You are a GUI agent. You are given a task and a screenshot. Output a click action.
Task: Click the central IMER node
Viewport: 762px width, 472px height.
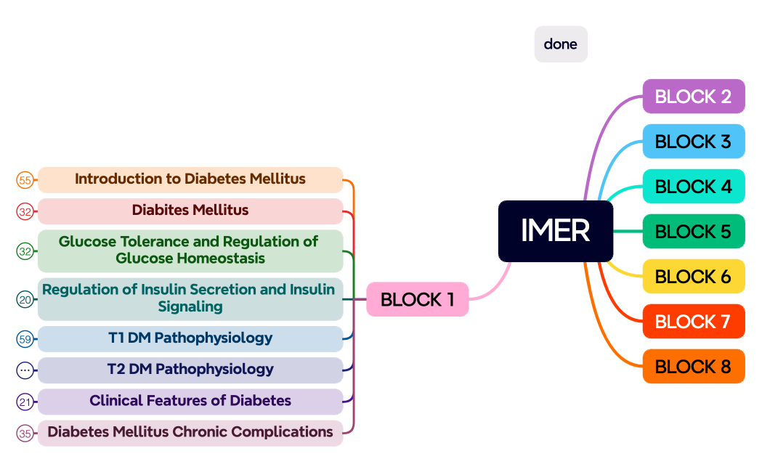556,231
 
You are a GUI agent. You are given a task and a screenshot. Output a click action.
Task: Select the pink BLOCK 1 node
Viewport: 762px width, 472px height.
417,299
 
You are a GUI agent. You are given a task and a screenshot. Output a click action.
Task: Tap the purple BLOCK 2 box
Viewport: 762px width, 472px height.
694,97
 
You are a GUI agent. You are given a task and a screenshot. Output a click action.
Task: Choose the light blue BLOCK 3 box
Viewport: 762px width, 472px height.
694,142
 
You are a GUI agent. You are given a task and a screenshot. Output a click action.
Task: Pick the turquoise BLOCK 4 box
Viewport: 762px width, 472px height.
694,187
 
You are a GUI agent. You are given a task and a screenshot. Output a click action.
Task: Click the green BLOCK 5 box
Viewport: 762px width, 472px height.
694,232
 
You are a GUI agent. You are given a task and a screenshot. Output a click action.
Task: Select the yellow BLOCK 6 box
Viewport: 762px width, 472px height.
694,277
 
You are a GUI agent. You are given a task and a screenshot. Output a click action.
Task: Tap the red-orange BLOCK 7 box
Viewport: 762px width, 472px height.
694,322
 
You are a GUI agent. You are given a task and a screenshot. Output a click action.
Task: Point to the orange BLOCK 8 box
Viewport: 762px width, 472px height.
694,367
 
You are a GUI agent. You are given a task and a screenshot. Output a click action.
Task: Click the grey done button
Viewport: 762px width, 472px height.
561,44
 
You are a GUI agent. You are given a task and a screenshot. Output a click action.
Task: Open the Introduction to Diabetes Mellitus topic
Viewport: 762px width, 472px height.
190,179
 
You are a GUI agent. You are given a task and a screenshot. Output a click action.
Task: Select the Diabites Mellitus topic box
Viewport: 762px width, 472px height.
190,211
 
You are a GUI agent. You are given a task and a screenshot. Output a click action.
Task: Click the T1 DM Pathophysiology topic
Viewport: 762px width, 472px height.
190,338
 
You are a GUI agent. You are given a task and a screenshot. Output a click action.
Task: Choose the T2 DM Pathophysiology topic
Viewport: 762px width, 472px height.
190,370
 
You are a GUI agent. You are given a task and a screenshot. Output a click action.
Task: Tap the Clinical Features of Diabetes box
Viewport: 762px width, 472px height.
190,401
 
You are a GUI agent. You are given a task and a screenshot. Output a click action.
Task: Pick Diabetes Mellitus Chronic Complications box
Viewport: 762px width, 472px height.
190,433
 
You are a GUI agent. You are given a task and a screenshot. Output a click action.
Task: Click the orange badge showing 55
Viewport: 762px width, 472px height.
25,180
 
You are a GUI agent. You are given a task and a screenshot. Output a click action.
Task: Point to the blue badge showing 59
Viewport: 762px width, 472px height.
25,339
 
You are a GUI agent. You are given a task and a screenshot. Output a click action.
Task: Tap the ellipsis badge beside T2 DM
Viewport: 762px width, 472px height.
25,370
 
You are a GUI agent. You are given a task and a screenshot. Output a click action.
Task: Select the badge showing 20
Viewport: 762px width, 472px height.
25,299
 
